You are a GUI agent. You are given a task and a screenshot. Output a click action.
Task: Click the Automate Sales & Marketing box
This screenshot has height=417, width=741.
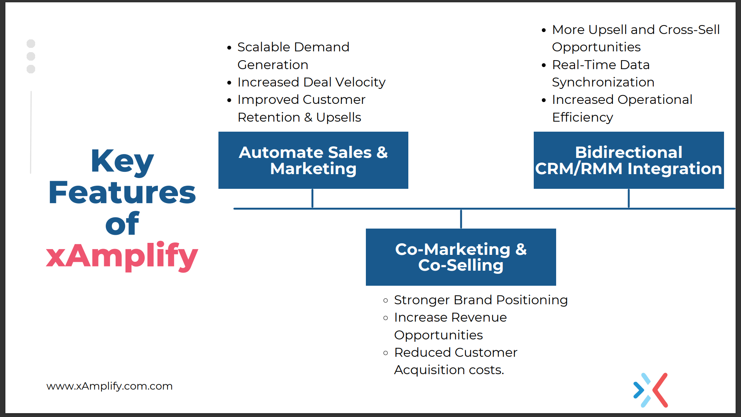tap(313, 160)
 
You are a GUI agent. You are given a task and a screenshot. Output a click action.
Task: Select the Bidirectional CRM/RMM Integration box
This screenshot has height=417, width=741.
tap(629, 160)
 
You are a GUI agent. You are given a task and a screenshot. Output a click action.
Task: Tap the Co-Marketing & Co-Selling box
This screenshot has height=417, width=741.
tap(461, 257)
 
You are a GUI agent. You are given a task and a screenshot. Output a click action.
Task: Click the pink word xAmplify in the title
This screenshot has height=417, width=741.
tap(122, 256)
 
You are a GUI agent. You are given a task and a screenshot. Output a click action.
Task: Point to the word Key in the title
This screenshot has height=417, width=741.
tap(122, 161)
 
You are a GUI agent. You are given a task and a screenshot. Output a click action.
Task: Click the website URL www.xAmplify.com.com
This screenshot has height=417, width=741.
tap(109, 386)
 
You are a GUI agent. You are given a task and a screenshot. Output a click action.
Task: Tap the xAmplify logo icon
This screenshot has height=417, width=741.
tap(651, 390)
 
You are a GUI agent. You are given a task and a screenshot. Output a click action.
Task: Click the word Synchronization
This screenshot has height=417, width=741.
tap(603, 83)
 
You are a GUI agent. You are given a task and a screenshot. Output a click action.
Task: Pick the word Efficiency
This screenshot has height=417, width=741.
tap(582, 117)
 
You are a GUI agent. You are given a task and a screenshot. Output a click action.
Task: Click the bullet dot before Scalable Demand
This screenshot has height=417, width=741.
tap(229, 48)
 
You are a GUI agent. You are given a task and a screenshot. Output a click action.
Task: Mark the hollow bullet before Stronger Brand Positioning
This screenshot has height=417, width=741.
tap(386, 300)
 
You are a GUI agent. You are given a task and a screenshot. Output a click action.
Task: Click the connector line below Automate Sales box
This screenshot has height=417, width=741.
tap(312, 198)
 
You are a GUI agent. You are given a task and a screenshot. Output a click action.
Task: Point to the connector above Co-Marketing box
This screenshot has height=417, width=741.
tap(461, 219)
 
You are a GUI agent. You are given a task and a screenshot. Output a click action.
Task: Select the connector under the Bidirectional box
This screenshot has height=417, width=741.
tap(629, 198)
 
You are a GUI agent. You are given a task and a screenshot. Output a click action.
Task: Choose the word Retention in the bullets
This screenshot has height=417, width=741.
tap(269, 117)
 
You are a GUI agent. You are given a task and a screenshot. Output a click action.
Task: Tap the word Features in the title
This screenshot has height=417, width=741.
tap(122, 193)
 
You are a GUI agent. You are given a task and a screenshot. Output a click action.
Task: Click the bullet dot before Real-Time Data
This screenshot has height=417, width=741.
tap(544, 65)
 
